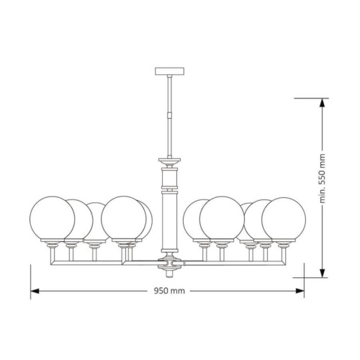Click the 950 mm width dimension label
[169, 291]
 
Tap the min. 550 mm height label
[323, 179]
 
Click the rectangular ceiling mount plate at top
[169, 71]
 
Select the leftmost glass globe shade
[52, 219]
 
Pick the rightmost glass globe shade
[284, 220]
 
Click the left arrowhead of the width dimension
[35, 291]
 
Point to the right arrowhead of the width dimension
[300, 291]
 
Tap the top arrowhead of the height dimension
[323, 103]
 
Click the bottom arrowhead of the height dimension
[323, 273]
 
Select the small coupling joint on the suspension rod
[169, 114]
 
